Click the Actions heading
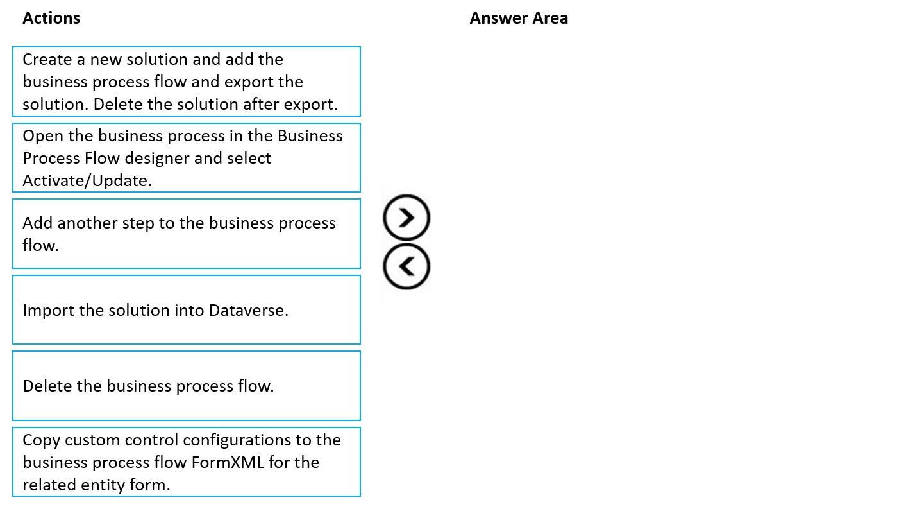pyautogui.click(x=51, y=18)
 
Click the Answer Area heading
pyautogui.click(x=519, y=18)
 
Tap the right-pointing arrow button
pyautogui.click(x=406, y=218)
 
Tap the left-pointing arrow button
pyautogui.click(x=406, y=266)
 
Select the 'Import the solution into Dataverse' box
pyautogui.click(x=187, y=310)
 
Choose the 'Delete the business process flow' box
pyautogui.click(x=187, y=386)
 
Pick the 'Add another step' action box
pyautogui.click(x=187, y=234)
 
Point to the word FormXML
pyautogui.click(x=228, y=462)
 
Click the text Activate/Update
pyautogui.click(x=87, y=180)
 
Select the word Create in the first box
pyautogui.click(x=47, y=60)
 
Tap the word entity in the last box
pyautogui.click(x=103, y=485)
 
